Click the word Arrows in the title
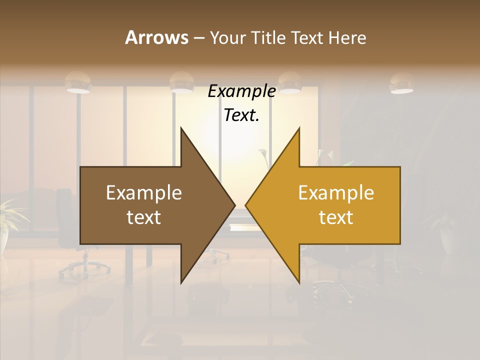point(156,37)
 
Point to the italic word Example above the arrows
point(241,91)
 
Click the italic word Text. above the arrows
point(241,115)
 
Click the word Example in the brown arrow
point(144,193)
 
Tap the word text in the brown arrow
point(144,217)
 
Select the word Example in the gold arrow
point(336,193)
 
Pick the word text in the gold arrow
point(336,217)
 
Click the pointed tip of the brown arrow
point(234,205)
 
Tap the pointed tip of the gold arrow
point(246,205)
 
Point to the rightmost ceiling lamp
point(401,83)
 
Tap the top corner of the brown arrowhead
point(181,128)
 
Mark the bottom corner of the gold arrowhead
point(299,282)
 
